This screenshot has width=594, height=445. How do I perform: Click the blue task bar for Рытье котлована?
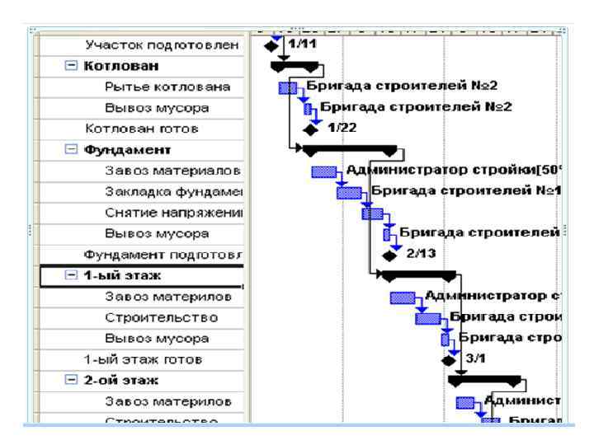288,87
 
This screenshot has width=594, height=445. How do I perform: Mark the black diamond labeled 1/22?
309,129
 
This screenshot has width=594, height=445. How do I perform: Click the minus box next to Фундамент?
72,150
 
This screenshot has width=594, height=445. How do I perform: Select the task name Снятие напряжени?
172,213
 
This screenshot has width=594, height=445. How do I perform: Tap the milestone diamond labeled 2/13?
389,255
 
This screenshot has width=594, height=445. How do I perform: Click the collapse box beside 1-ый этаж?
72,275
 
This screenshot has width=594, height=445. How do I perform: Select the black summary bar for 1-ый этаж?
419,274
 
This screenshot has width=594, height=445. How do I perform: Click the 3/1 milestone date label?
476,359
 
